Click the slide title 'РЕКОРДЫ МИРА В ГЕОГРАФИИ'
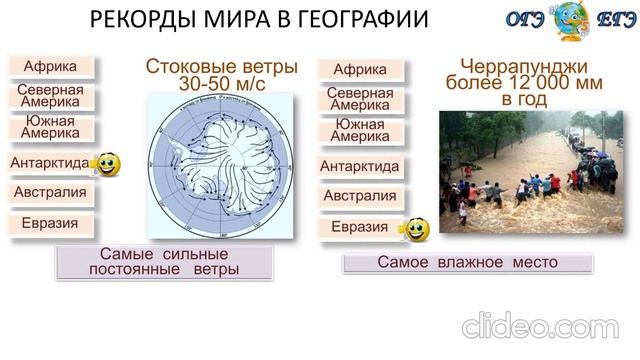coord(259,19)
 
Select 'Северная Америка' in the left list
coord(50,96)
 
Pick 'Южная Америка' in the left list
coord(50,127)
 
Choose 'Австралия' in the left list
coord(50,193)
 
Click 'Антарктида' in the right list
coord(360,166)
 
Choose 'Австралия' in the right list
coord(360,196)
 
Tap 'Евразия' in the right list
coord(359,227)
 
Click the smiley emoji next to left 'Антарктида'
coord(107,164)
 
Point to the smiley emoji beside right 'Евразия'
coord(415,230)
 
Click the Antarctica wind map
coord(220,166)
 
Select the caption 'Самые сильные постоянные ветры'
coord(164,262)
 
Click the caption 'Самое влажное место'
coord(467,262)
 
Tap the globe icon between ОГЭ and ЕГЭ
coord(571,19)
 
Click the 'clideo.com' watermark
coord(540,327)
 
